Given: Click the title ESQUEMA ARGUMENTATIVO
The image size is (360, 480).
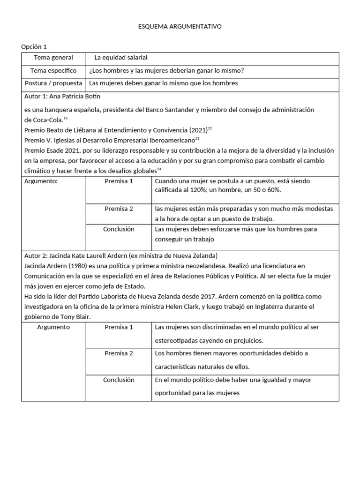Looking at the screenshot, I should coord(180,27).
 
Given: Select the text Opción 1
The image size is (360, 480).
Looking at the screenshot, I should coord(34,46).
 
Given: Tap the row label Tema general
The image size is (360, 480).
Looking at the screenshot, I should coord(53,58).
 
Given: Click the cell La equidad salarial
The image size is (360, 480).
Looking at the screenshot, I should coord(121,58).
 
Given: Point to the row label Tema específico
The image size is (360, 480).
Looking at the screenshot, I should coord(53,71).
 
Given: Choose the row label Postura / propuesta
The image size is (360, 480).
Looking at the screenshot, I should coord(53,83).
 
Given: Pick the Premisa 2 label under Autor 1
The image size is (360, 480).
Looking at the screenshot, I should coord(119,209).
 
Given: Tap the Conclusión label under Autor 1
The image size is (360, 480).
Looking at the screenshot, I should coord(119,229).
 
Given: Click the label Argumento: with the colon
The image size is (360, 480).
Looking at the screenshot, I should coord(41,181).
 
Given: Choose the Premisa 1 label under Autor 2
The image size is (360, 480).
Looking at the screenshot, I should coord(119,327).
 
